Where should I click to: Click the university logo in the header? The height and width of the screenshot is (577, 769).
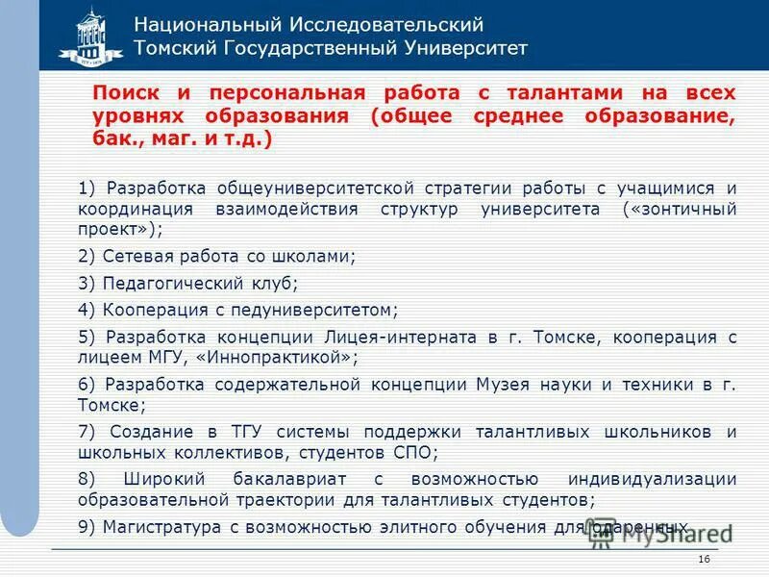pyautogui.click(x=90, y=36)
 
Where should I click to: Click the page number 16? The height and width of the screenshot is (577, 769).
pyautogui.click(x=705, y=560)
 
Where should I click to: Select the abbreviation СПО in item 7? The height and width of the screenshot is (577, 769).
pyautogui.click(x=414, y=451)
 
